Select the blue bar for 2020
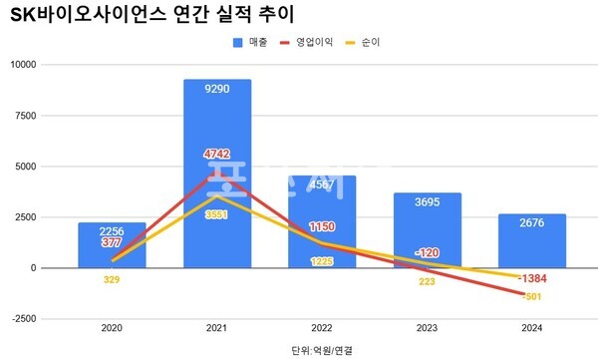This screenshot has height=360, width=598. pyautogui.click(x=112, y=246)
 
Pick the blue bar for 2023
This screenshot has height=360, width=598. pyautogui.click(x=427, y=230)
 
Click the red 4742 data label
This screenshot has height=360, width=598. pyautogui.click(x=216, y=154)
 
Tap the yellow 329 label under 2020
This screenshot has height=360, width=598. pyautogui.click(x=112, y=280)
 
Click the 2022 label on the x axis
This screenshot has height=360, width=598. pyautogui.click(x=322, y=328)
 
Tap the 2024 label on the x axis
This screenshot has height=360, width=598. pyautogui.click(x=531, y=328)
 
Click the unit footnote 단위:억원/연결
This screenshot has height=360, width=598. pyautogui.click(x=321, y=349)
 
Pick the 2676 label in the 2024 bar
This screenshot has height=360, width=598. pyautogui.click(x=531, y=222)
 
